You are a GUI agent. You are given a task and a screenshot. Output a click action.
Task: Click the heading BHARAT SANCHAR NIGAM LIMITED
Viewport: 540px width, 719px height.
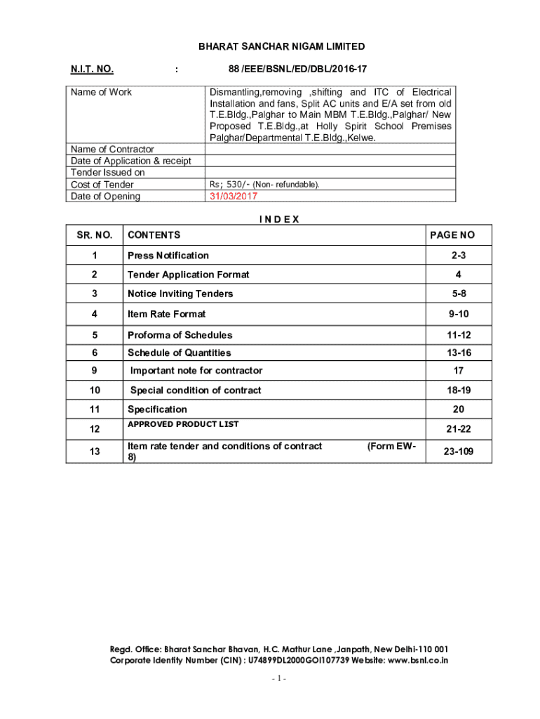(x=281, y=46)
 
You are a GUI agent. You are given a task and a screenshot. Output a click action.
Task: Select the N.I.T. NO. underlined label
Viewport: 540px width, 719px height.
(x=92, y=69)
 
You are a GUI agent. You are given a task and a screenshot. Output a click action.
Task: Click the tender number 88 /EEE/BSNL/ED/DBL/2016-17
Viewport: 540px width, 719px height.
(x=297, y=69)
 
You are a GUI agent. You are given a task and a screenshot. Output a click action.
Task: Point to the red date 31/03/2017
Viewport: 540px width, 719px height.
(x=234, y=197)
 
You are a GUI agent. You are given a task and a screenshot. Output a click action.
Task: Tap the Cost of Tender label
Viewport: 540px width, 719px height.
(x=102, y=185)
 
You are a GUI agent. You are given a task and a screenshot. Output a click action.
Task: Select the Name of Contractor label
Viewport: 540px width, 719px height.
(x=112, y=149)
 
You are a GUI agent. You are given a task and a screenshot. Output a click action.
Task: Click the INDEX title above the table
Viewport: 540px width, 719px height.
(x=279, y=219)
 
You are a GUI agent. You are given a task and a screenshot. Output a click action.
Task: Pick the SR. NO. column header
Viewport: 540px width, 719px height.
(x=94, y=235)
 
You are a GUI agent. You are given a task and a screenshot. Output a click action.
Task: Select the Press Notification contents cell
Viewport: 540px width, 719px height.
(x=168, y=255)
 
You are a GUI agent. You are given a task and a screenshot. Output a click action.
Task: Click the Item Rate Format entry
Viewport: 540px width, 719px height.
(x=167, y=314)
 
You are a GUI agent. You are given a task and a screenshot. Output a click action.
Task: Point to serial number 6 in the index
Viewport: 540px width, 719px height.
(x=94, y=352)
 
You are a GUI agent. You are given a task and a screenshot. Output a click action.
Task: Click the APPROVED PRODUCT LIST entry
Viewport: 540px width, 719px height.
(x=183, y=424)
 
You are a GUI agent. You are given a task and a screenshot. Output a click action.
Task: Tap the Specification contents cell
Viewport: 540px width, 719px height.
(x=157, y=409)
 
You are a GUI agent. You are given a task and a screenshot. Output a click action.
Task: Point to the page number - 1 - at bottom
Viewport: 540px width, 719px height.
(x=279, y=679)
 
